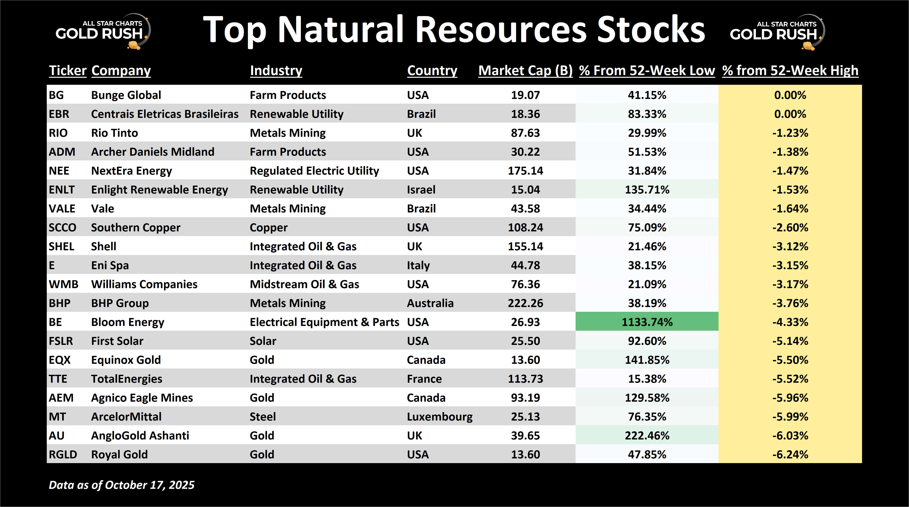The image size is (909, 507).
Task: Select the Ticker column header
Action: [67, 71]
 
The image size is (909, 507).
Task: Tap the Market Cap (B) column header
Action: [525, 71]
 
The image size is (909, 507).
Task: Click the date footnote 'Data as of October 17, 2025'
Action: [121, 485]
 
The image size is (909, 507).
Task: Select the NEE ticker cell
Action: [59, 171]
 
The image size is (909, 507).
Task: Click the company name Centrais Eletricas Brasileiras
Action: [165, 114]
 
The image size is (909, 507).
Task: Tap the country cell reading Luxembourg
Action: [440, 417]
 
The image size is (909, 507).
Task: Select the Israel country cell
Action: [421, 190]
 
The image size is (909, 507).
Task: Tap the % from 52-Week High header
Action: [790, 71]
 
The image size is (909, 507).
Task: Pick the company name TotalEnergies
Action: [127, 379]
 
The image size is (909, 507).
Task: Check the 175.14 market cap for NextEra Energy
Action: [525, 171]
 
